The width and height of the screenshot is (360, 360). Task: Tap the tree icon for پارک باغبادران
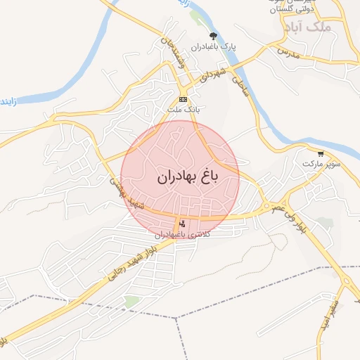(x=213, y=35)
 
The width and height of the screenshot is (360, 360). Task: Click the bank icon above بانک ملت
(x=183, y=100)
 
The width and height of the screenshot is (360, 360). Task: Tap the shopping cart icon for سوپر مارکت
(x=321, y=153)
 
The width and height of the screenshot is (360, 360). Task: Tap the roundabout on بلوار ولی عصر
(x=267, y=208)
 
